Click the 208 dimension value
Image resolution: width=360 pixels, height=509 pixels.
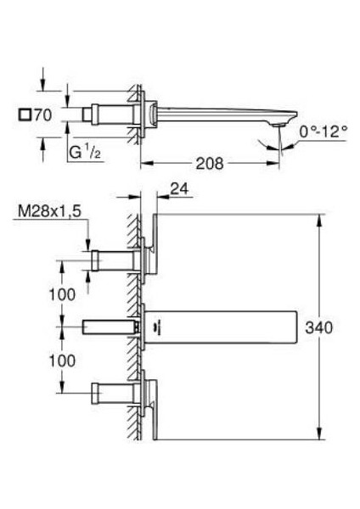(x=210, y=163)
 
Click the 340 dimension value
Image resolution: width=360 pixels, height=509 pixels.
(x=318, y=327)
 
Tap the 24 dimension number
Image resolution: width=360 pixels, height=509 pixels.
(x=179, y=188)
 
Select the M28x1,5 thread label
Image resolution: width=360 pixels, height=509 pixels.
(x=49, y=211)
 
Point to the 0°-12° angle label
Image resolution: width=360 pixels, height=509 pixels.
(x=323, y=131)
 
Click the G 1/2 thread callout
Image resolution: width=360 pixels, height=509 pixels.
(x=85, y=152)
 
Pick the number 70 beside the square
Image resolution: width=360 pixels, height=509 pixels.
(x=43, y=115)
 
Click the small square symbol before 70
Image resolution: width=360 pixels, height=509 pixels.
(x=25, y=115)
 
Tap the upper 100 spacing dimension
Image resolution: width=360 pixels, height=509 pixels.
(x=62, y=294)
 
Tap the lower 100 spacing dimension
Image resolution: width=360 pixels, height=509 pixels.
(x=62, y=361)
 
